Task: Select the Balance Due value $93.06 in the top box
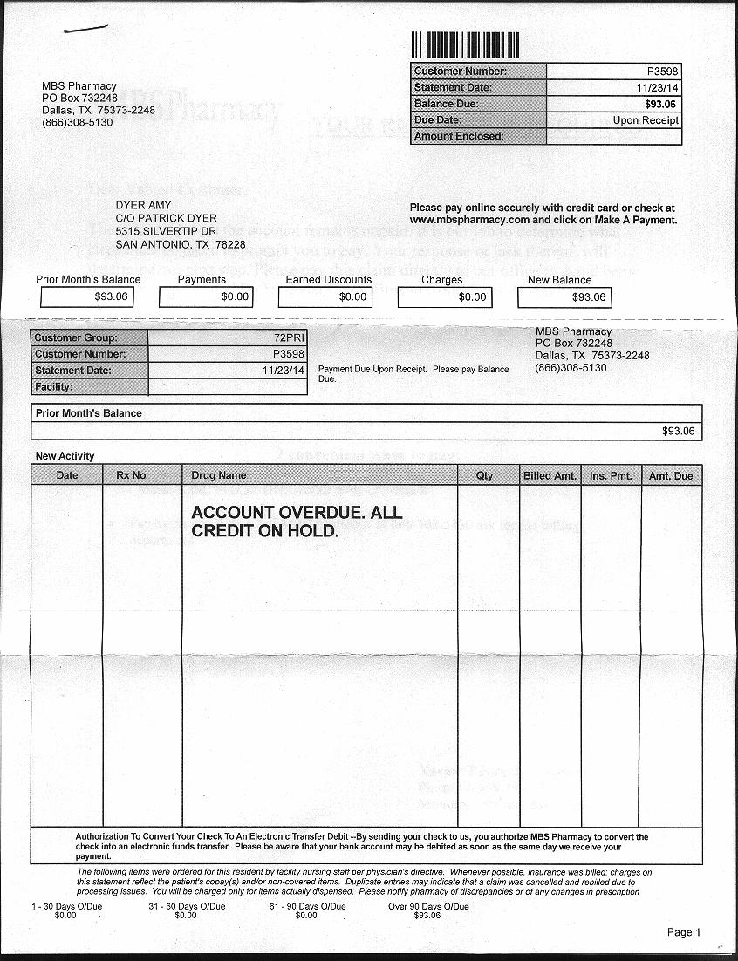click(x=661, y=104)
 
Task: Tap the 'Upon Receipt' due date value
click(x=646, y=120)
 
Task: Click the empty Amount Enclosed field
click(x=613, y=137)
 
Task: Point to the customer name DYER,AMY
click(x=143, y=206)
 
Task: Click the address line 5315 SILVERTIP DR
click(x=166, y=232)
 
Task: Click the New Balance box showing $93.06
click(x=564, y=297)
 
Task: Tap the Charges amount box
click(x=444, y=297)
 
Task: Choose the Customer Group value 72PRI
click(x=289, y=337)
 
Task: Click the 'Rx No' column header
click(x=131, y=475)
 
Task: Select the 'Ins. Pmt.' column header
click(x=611, y=475)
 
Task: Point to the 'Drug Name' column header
click(x=219, y=475)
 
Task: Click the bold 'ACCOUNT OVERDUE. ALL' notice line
click(x=297, y=513)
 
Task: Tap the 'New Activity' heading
click(x=65, y=456)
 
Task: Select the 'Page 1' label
click(x=684, y=932)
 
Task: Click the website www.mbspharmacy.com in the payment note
click(x=469, y=220)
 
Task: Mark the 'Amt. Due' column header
click(x=671, y=475)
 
